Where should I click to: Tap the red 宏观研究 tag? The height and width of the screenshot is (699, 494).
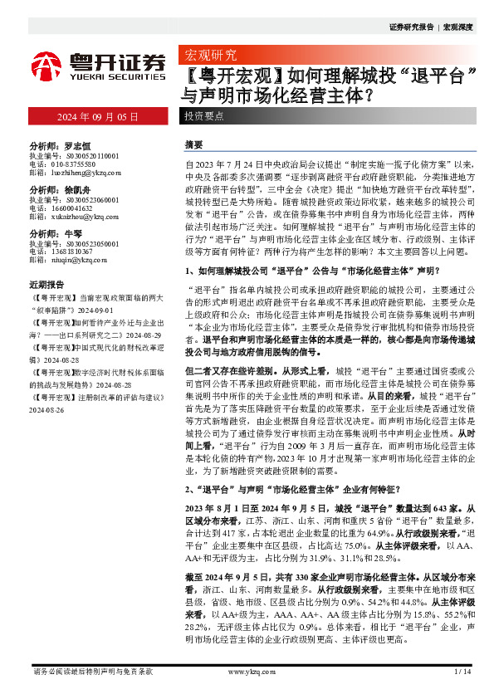209,56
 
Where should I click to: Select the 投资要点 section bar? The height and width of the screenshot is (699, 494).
203,117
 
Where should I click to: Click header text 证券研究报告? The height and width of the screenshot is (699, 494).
411,27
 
